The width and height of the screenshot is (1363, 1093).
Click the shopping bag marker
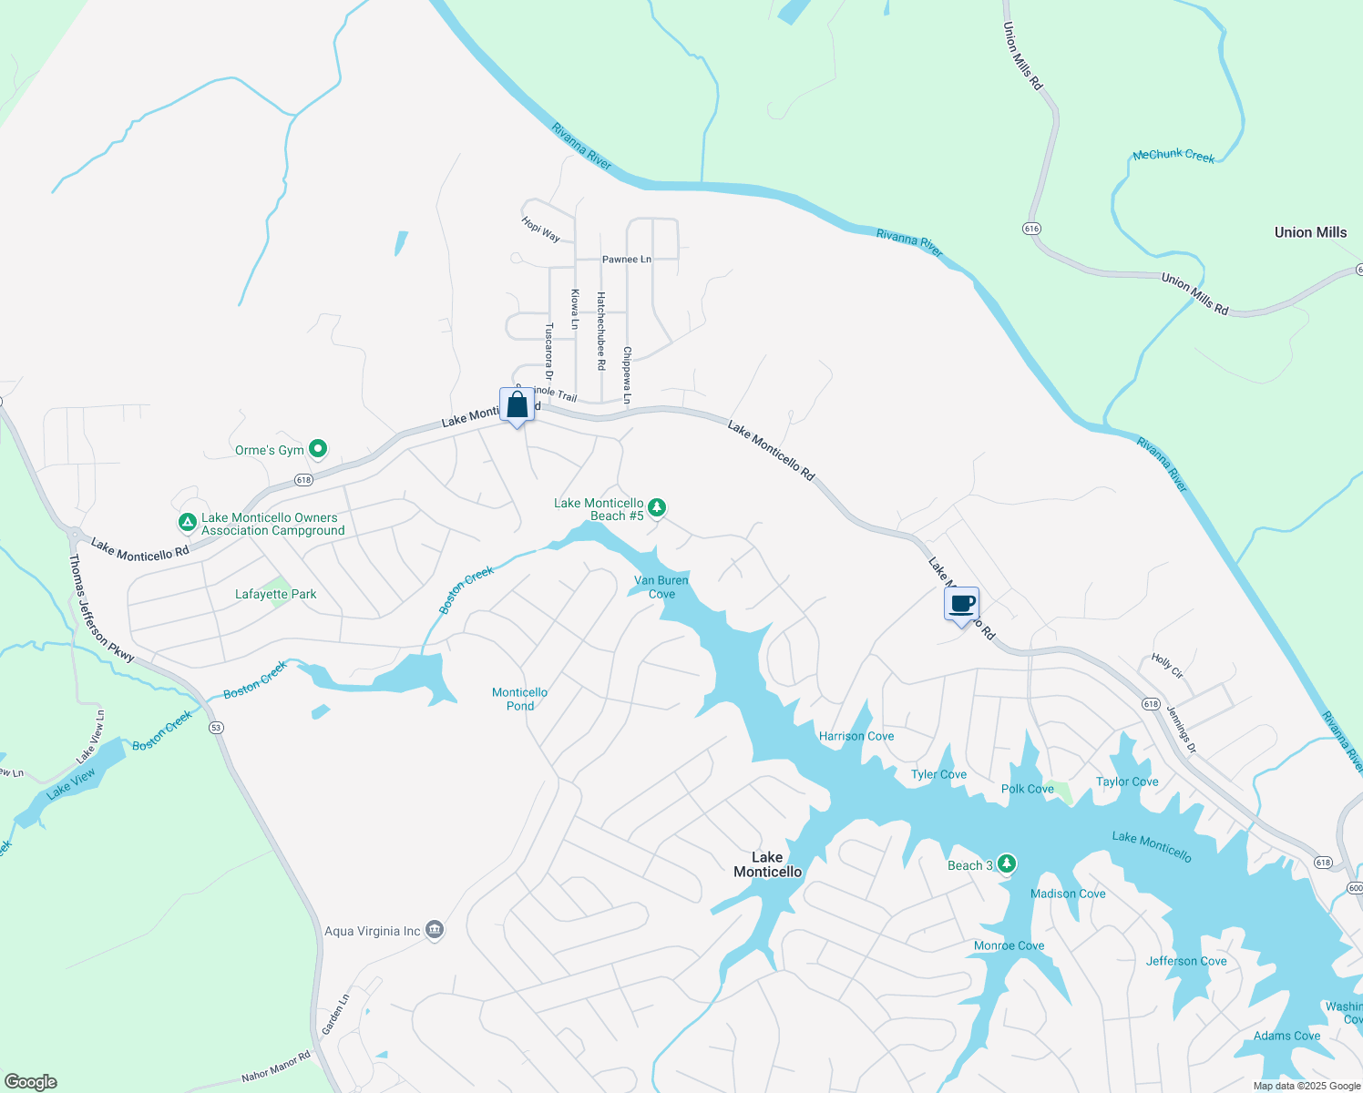click(517, 405)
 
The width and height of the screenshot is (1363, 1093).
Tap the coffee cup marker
click(961, 604)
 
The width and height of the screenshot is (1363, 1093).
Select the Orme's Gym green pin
click(318, 448)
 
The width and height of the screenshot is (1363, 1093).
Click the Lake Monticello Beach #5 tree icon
click(657, 508)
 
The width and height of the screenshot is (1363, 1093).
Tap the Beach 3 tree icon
click(1007, 863)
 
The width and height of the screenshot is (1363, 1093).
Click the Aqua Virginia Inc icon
click(435, 930)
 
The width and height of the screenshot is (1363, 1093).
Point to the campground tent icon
click(187, 523)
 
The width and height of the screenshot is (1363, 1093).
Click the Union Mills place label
click(1309, 232)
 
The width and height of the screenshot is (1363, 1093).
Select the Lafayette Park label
click(275, 594)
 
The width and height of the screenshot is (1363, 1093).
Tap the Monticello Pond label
click(519, 699)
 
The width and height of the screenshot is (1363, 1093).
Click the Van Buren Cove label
click(661, 587)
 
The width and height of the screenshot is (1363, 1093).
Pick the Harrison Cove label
click(856, 736)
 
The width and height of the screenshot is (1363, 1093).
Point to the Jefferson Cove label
click(1185, 961)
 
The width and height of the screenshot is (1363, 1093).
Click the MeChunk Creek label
click(1173, 156)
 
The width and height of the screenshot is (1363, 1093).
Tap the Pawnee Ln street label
click(626, 260)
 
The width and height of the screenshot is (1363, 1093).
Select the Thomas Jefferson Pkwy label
click(101, 608)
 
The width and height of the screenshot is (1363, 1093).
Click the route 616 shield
click(1031, 228)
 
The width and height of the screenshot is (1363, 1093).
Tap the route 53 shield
click(216, 727)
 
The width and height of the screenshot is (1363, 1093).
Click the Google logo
click(30, 1082)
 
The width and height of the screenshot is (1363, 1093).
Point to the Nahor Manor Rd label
click(275, 1067)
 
